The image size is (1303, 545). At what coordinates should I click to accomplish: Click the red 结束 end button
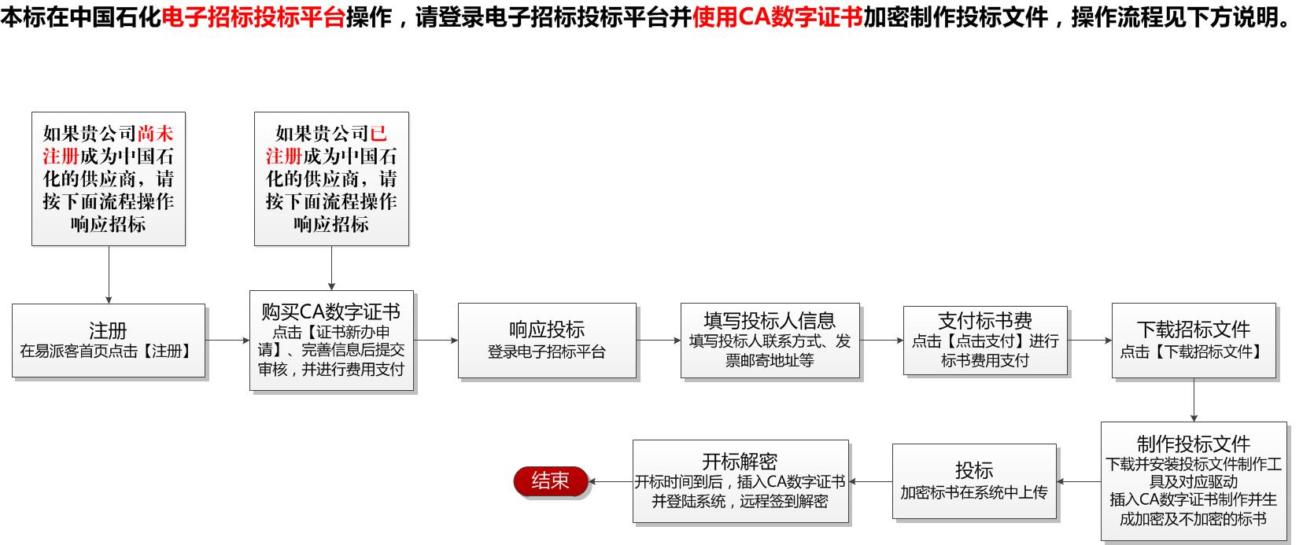click(551, 481)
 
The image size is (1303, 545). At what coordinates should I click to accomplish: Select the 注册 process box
click(109, 341)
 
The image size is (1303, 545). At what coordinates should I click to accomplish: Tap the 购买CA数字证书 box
click(331, 341)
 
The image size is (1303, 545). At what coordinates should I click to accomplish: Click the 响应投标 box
click(547, 341)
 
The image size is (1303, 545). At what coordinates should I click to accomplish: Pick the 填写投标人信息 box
click(770, 341)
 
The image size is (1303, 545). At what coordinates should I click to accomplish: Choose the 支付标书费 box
click(985, 341)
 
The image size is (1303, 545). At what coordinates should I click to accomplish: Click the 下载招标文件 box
click(1194, 341)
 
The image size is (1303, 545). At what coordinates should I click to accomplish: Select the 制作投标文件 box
click(1194, 481)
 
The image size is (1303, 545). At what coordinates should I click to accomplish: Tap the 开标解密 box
click(740, 481)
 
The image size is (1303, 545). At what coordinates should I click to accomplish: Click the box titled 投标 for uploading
click(974, 481)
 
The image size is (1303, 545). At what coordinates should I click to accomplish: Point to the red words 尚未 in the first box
click(155, 134)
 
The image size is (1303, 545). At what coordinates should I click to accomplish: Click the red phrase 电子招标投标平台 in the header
click(253, 17)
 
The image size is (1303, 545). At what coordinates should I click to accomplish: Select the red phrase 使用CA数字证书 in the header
click(777, 17)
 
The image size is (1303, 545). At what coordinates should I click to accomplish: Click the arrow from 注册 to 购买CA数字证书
click(227, 341)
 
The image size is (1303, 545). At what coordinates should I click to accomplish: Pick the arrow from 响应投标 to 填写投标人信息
click(659, 341)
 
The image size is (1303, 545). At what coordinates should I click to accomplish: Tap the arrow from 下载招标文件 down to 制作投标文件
click(1194, 400)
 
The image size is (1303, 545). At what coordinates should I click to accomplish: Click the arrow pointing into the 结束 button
click(611, 481)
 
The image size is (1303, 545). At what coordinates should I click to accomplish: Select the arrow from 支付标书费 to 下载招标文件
click(1090, 341)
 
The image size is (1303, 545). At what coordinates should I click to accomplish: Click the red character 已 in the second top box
click(378, 134)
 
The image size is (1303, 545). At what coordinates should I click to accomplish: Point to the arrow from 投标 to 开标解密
click(871, 481)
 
